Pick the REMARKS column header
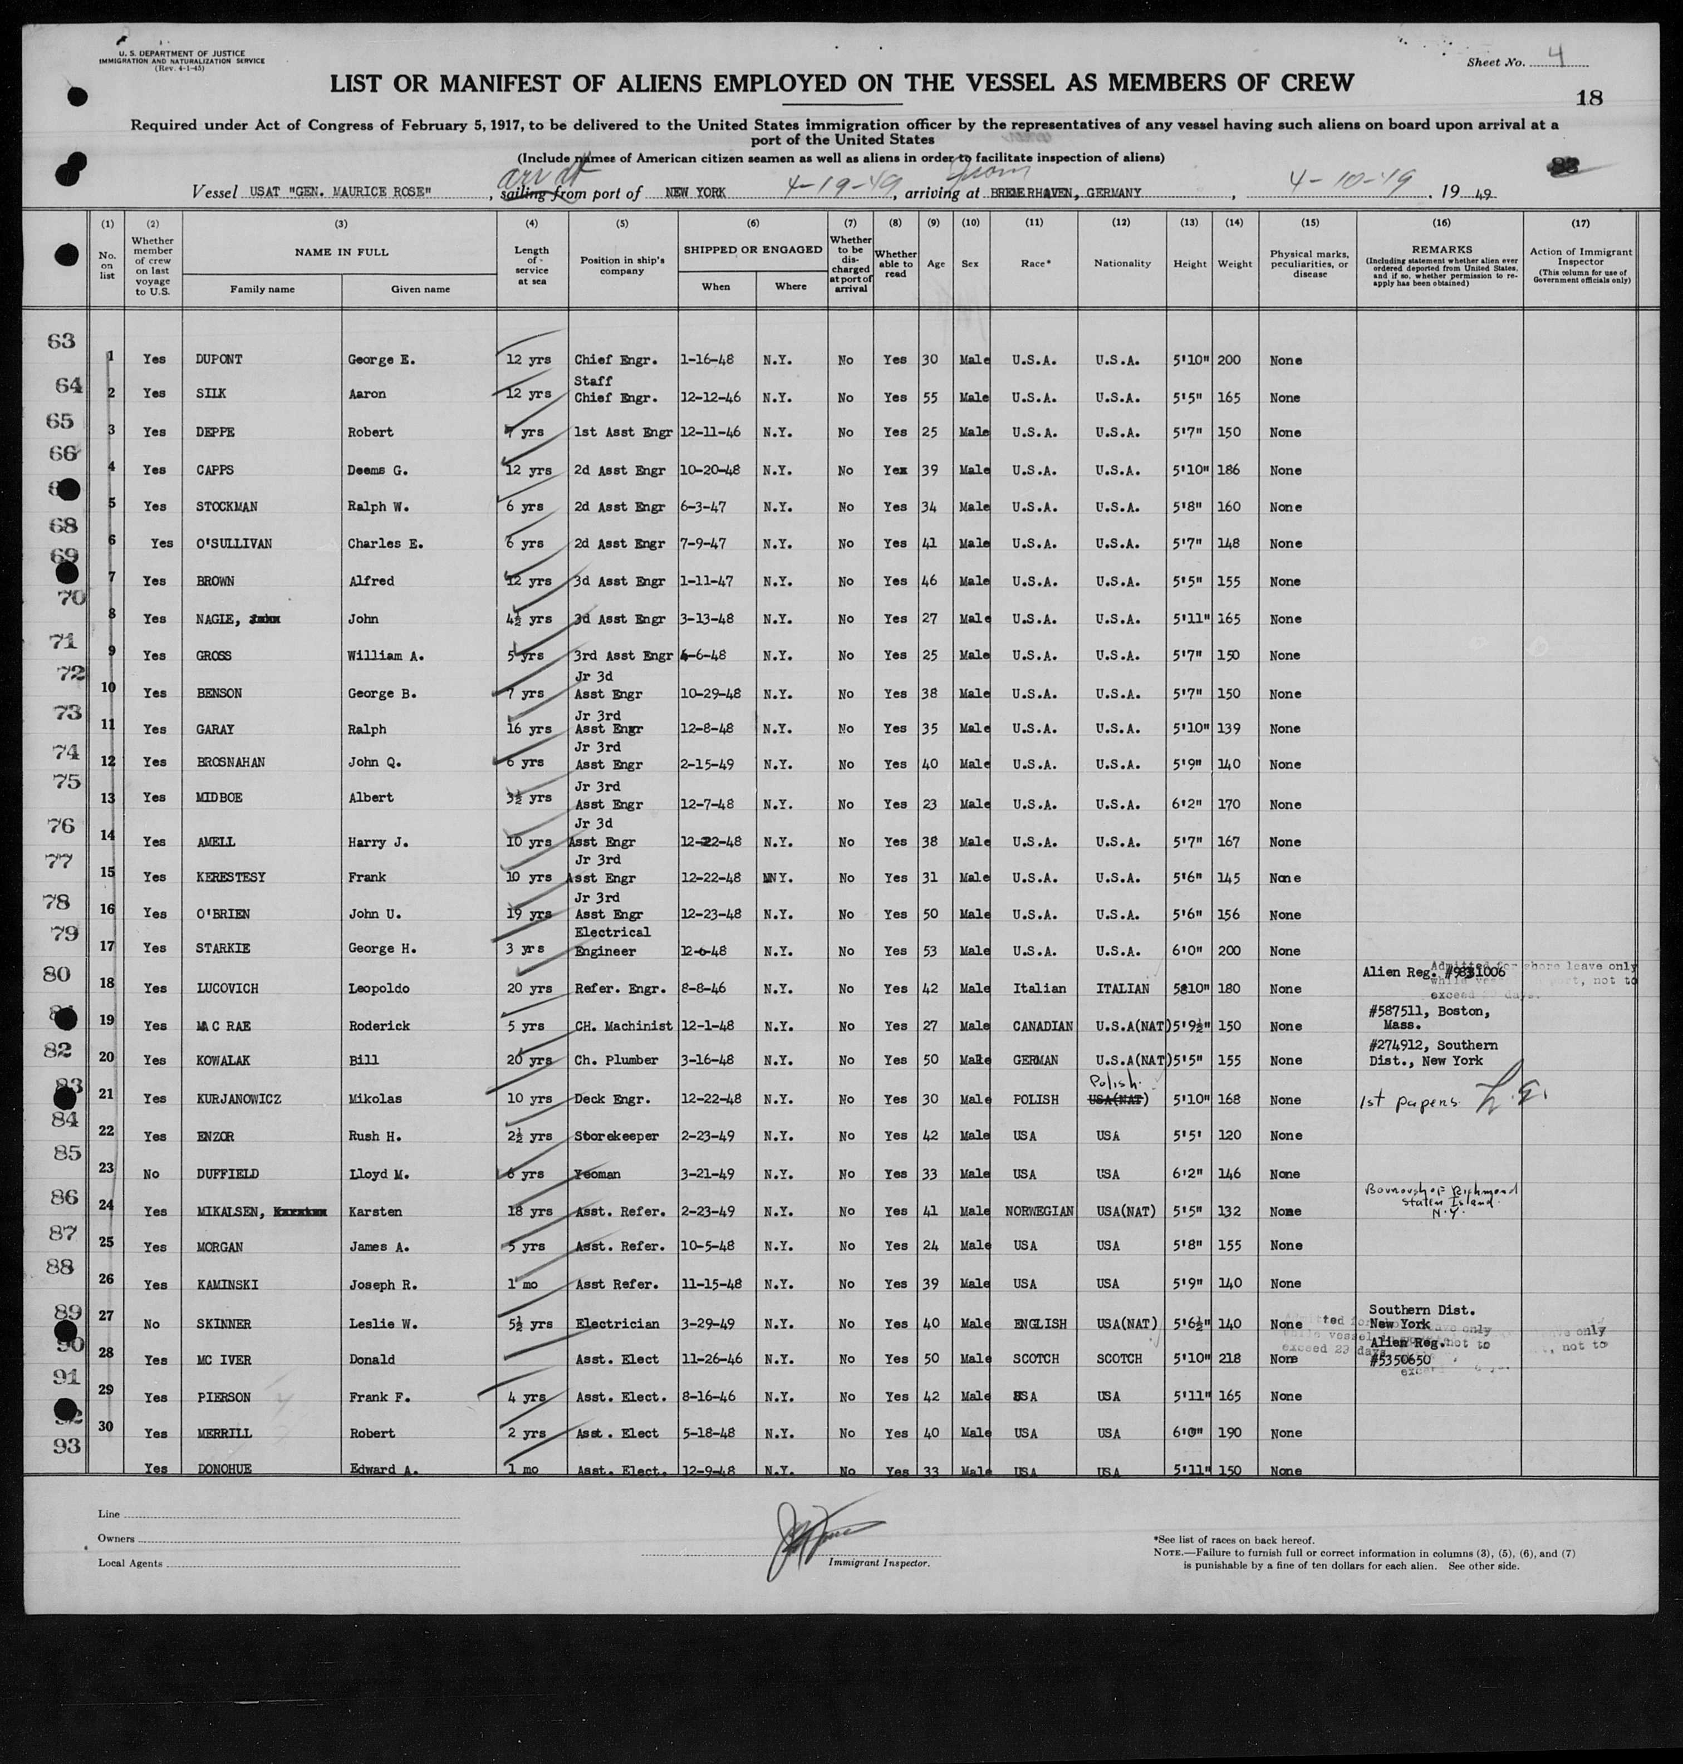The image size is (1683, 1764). pyautogui.click(x=1441, y=249)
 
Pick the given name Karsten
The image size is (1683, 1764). pyautogui.click(x=375, y=1212)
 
